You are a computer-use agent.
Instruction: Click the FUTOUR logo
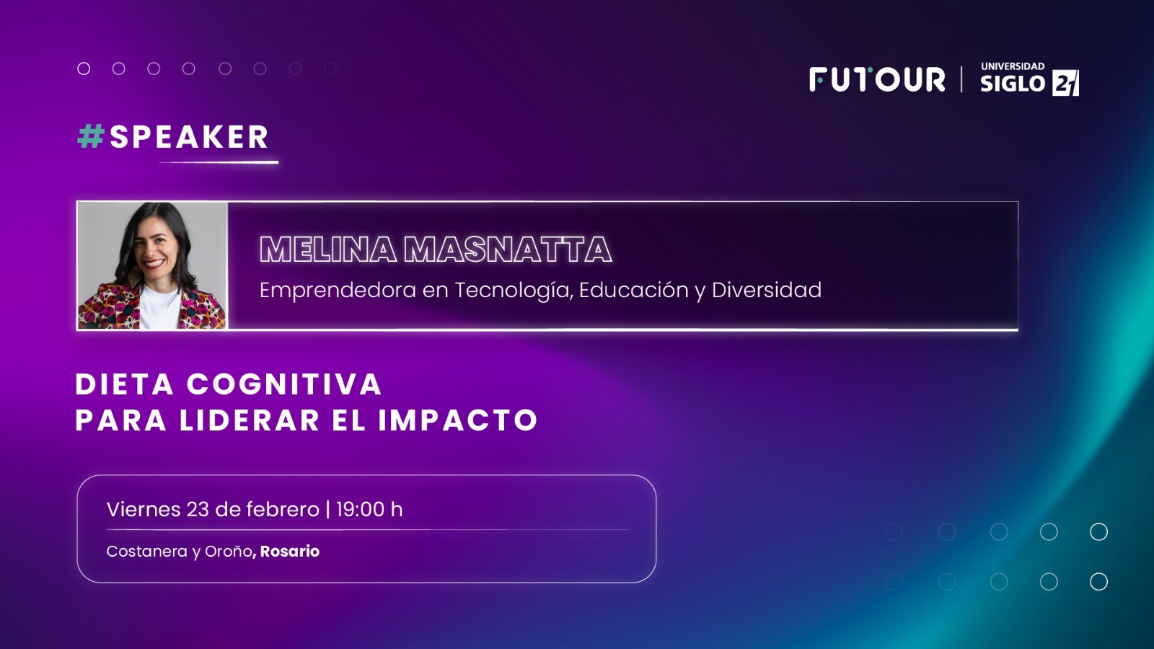pos(877,80)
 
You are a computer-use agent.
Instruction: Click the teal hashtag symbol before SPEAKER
pos(91,137)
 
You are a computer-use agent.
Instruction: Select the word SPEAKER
pos(189,137)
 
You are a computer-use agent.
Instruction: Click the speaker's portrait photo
pos(152,265)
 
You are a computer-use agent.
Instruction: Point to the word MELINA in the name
pos(328,250)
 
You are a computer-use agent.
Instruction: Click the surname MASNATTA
pos(508,250)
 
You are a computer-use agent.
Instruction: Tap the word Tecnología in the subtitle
pos(514,291)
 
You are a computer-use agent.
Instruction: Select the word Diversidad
pos(767,289)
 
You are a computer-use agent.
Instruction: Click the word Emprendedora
pos(338,290)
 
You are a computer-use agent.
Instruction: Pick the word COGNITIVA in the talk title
pos(284,384)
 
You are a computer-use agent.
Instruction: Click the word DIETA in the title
pos(125,384)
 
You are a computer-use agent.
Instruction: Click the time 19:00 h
pos(369,509)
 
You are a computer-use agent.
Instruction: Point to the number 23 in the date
pos(198,509)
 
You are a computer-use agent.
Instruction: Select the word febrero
pos(283,509)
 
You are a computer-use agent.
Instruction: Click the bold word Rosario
pos(289,551)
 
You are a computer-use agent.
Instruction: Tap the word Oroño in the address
pos(229,551)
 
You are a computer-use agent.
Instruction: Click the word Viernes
pos(144,509)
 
